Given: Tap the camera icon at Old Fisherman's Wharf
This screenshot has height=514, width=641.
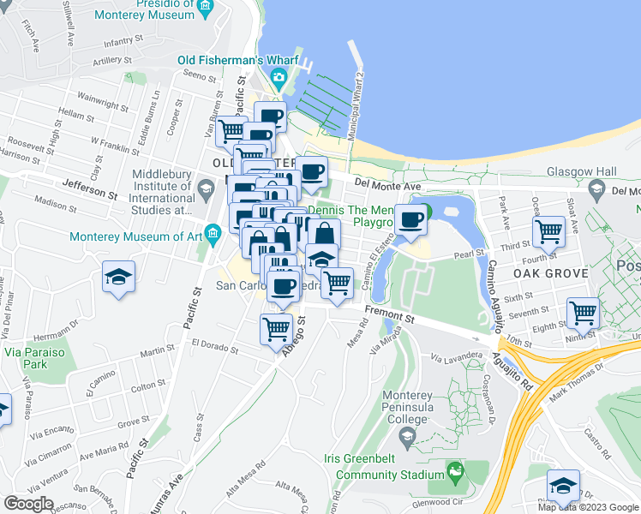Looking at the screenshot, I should pos(279,79).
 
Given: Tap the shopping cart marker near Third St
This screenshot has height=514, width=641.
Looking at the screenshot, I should pos(548,230).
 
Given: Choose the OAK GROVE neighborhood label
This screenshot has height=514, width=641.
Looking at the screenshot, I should pos(551,273).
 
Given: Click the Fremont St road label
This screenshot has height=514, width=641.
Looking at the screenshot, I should pos(389,314).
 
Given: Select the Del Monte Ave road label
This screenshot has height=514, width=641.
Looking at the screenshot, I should pos(387,184).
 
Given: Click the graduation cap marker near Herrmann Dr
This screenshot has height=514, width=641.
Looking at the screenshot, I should pos(119,277).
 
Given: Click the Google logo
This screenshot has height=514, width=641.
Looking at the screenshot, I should pos(29,504).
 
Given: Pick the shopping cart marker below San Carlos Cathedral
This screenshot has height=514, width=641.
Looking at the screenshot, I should pos(276,326).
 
